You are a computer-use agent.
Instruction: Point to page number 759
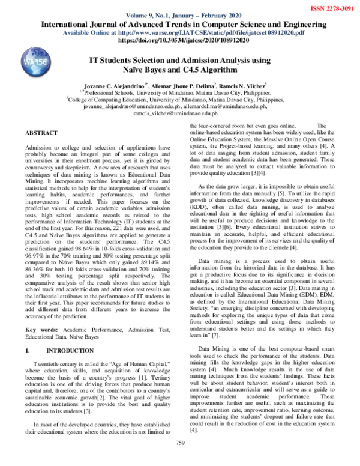coord(179,459)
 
